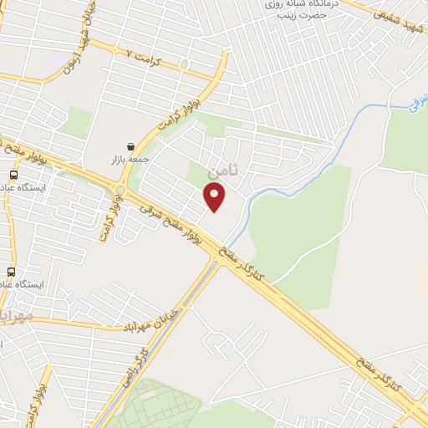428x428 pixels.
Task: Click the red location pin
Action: click(216, 197)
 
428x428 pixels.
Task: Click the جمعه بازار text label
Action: click(129, 159)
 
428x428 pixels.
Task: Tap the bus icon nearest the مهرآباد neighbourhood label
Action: click(12, 272)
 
